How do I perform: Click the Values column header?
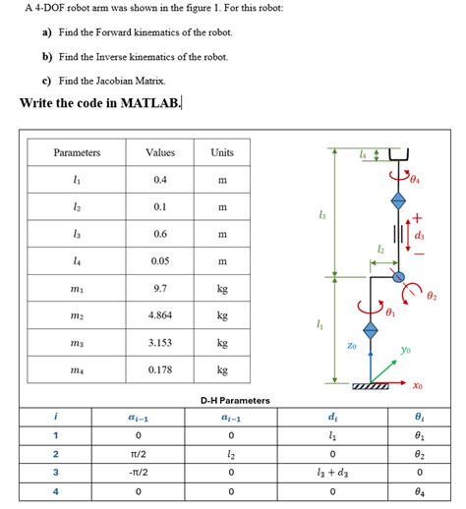click(x=160, y=153)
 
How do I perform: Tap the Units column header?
click(x=222, y=153)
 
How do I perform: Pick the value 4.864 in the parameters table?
click(x=160, y=315)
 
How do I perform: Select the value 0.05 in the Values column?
click(x=160, y=261)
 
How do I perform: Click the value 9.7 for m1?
click(x=160, y=289)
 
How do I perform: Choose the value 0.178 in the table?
click(x=160, y=369)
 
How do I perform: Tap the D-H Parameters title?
click(x=234, y=400)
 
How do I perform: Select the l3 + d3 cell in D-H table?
click(x=335, y=472)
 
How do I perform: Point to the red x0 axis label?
click(x=417, y=385)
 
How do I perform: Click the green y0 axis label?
click(x=405, y=348)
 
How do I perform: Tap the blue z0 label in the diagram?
click(x=351, y=345)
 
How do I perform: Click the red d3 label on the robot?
click(x=420, y=235)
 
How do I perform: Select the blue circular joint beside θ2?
click(x=399, y=278)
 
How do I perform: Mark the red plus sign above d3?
click(x=417, y=217)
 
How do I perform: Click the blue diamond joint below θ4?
click(x=398, y=199)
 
